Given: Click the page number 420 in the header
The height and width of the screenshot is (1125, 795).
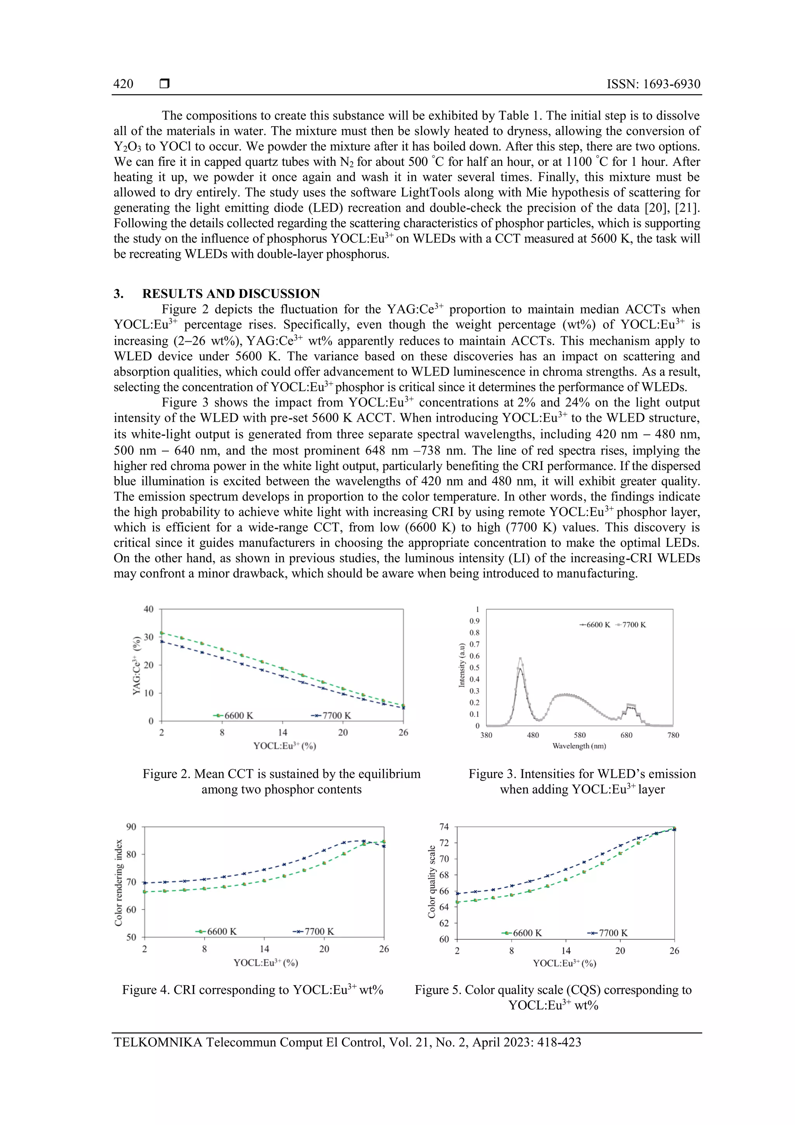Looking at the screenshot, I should (123, 84).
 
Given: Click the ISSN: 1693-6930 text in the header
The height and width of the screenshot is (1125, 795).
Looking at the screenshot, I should (653, 84).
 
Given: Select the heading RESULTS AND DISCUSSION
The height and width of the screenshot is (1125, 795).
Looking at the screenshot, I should (231, 294).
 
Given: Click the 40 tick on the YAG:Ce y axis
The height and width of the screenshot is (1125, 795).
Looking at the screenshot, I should (148, 609).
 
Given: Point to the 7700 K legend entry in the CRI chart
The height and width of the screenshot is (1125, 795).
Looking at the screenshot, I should (314, 932).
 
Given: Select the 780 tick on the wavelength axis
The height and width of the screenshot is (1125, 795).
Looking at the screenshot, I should (673, 735).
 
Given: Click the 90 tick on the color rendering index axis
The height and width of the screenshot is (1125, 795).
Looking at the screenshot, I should (131, 827).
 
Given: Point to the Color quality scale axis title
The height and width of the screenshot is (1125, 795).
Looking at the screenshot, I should (432, 882).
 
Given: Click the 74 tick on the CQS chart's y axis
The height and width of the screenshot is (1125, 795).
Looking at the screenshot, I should (444, 827).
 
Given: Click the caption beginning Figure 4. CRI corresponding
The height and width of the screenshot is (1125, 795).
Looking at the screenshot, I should (252, 990).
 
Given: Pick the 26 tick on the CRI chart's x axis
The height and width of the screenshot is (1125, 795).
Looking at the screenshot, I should (384, 949).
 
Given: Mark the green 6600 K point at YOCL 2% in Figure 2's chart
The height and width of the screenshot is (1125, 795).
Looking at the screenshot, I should (161, 633).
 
